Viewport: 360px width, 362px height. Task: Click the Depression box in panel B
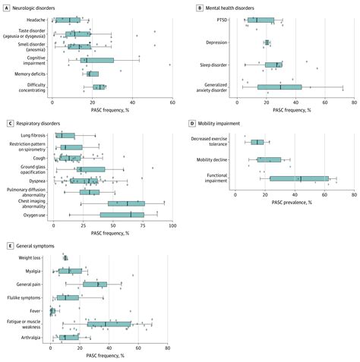[267, 42]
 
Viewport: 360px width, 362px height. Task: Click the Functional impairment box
[299, 179]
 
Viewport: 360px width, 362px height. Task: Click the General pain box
[95, 284]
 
